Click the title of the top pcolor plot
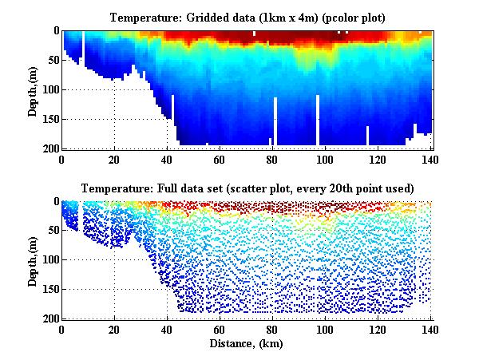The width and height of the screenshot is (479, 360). [247, 15]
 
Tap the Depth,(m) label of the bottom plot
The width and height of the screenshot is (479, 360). [33, 260]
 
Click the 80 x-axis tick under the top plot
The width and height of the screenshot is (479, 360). [272, 158]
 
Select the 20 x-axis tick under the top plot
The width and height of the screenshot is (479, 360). [114, 158]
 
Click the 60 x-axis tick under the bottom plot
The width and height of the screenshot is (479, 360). [220, 328]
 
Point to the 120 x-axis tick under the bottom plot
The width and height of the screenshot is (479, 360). [378, 328]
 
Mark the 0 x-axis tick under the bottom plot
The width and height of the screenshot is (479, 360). [62, 328]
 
